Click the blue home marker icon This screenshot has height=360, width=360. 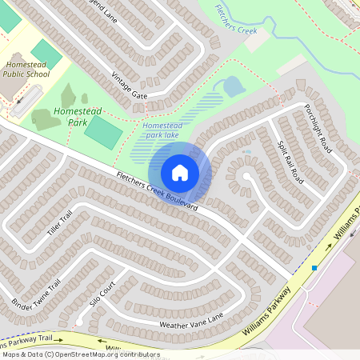[180, 172]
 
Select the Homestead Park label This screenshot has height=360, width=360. [70, 117]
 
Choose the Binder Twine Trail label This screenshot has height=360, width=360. [37, 295]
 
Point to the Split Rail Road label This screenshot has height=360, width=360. [289, 159]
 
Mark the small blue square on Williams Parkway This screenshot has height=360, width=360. [315, 268]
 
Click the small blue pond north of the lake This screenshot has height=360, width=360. [234, 86]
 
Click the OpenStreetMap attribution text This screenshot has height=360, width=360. [80, 354]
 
